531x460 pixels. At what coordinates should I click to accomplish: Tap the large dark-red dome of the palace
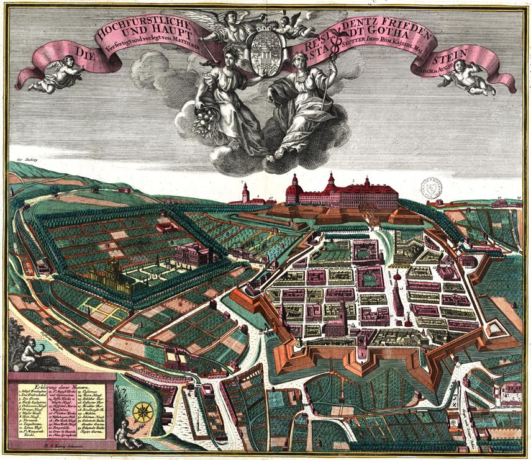pos(294,186)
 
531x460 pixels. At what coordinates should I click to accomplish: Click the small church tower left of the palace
pos(246,191)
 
